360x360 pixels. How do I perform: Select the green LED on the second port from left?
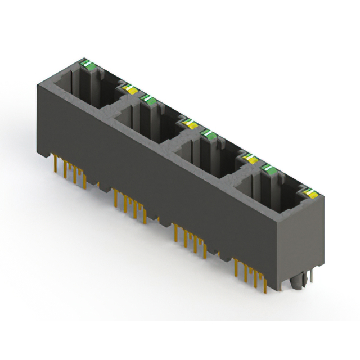(149, 100)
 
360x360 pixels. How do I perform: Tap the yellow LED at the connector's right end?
(309, 195)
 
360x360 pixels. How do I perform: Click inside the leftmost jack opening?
(84, 90)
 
